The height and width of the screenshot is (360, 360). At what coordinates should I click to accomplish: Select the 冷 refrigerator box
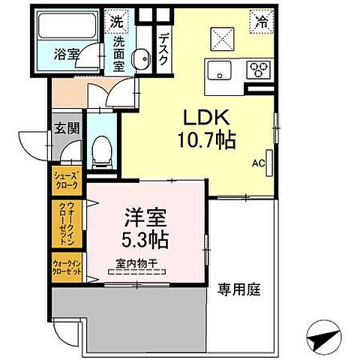(x=262, y=21)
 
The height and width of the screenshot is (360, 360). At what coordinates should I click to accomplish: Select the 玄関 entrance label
(x=61, y=127)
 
